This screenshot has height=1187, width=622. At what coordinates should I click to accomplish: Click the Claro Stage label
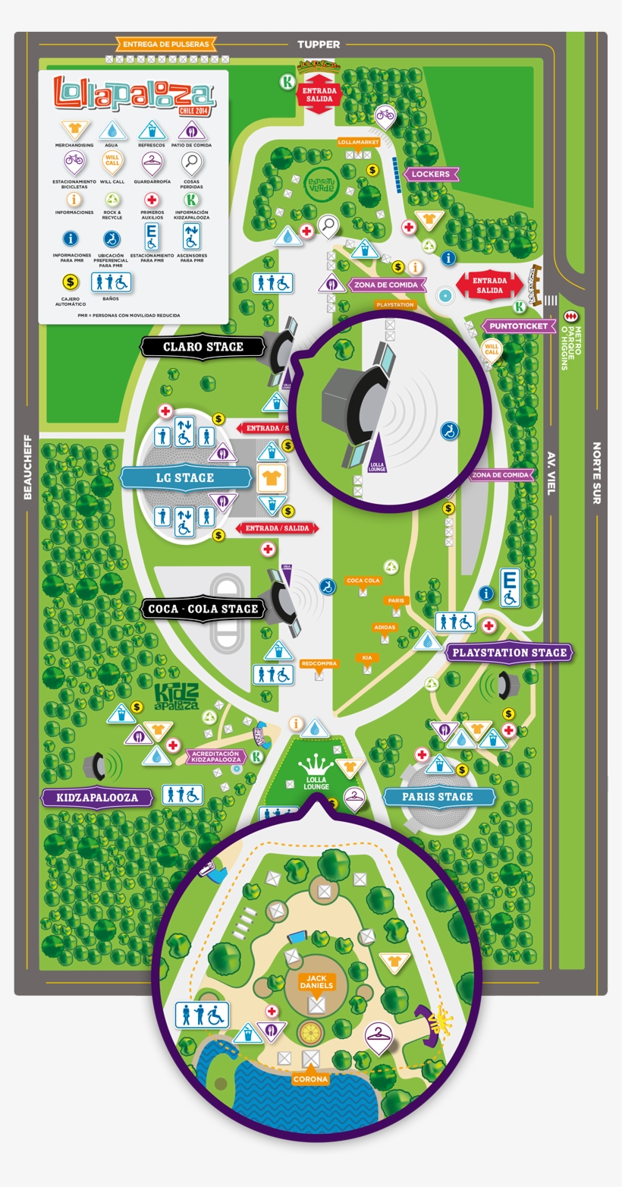[x=203, y=347]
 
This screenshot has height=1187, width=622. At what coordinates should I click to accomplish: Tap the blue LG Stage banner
[x=185, y=477]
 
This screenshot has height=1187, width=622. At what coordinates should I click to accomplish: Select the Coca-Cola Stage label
[x=203, y=609]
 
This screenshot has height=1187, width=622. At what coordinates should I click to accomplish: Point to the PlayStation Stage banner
[x=509, y=652]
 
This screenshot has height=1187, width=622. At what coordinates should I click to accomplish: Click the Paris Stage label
[x=438, y=797]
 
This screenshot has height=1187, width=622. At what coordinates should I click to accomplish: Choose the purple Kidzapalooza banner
[x=97, y=798]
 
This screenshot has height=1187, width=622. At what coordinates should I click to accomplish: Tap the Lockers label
[x=430, y=174]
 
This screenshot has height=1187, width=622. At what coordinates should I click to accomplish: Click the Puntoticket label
[x=518, y=326]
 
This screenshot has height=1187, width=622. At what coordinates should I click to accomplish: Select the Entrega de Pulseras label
[x=165, y=44]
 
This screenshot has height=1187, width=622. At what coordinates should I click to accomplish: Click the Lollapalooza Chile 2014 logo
[x=134, y=95]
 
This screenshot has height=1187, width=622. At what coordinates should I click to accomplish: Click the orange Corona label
[x=311, y=1078]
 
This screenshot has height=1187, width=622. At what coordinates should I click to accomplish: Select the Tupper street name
[x=319, y=45]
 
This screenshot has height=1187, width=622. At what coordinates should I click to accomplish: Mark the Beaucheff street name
[x=28, y=467]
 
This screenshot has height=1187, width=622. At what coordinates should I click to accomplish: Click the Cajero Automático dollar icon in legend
[x=71, y=282]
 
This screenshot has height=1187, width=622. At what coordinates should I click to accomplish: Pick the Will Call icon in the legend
[x=112, y=162]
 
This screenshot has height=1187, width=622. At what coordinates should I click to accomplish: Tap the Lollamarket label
[x=358, y=142]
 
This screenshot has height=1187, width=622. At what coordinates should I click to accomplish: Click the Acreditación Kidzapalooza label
[x=216, y=756]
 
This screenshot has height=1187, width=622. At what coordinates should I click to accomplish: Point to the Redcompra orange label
[x=319, y=663]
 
